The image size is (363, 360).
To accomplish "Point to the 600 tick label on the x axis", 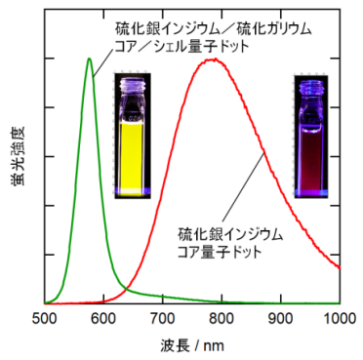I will [x=103, y=318].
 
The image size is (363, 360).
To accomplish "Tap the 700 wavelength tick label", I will [x=162, y=318].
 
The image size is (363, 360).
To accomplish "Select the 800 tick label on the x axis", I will [x=222, y=318].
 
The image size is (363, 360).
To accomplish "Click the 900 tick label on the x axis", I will [x=281, y=318].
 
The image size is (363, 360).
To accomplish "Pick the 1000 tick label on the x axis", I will [x=338, y=318].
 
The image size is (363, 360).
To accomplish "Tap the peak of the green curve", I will [x=90, y=59].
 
